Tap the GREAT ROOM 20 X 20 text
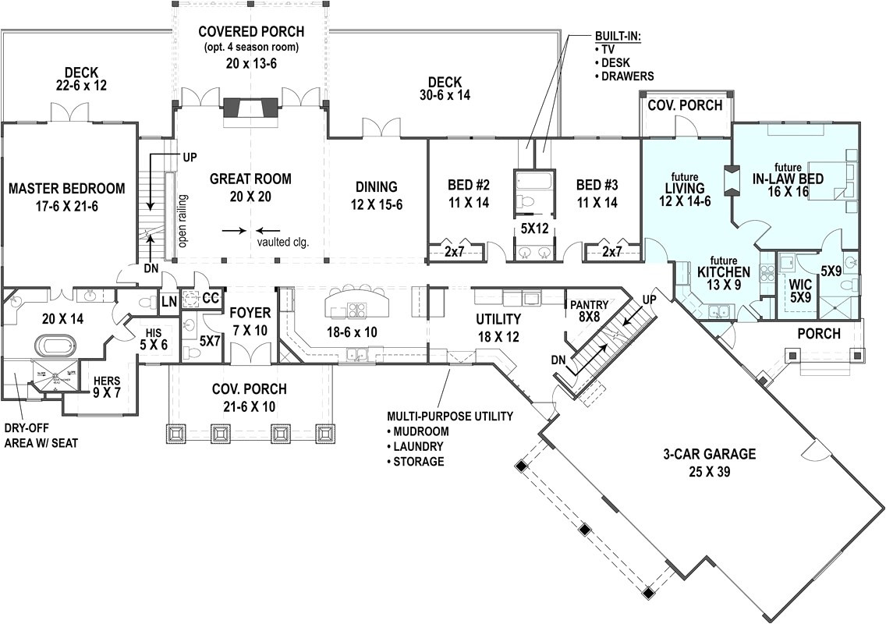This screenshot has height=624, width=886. [250, 187]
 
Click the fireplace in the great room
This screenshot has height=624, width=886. [250, 112]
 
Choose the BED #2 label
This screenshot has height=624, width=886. [468, 193]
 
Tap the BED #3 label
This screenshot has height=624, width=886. [597, 193]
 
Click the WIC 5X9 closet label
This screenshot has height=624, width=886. [801, 292]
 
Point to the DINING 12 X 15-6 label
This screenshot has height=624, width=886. [377, 194]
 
